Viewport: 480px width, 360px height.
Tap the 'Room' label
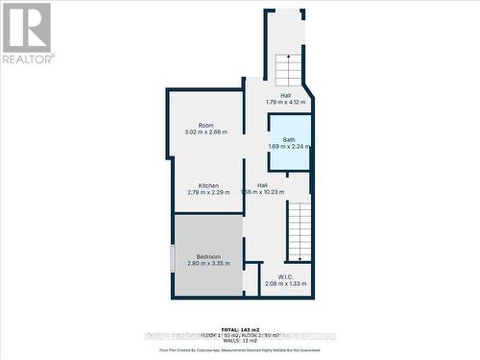coord(205,125)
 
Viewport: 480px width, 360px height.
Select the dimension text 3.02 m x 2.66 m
coord(205,132)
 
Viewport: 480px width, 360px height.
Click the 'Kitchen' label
coord(208,185)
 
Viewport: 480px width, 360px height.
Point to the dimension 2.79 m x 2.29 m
coord(208,192)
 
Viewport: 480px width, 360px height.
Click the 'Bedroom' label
coord(208,256)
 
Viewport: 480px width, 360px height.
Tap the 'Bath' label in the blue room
coord(289,139)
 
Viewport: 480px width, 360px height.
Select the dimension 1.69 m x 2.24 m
coord(289,146)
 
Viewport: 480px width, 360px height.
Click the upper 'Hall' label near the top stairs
coord(285,95)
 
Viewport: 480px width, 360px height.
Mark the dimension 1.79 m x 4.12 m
coord(285,102)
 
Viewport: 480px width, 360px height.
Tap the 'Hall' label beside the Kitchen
coord(262,185)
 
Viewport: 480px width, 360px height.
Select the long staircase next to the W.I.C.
coord(300,230)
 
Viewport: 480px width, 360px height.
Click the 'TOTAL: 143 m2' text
coord(240,328)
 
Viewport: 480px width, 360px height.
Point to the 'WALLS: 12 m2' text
coord(240,341)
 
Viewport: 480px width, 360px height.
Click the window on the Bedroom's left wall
coord(173,257)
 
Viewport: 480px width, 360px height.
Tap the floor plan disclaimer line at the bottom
coord(240,351)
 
